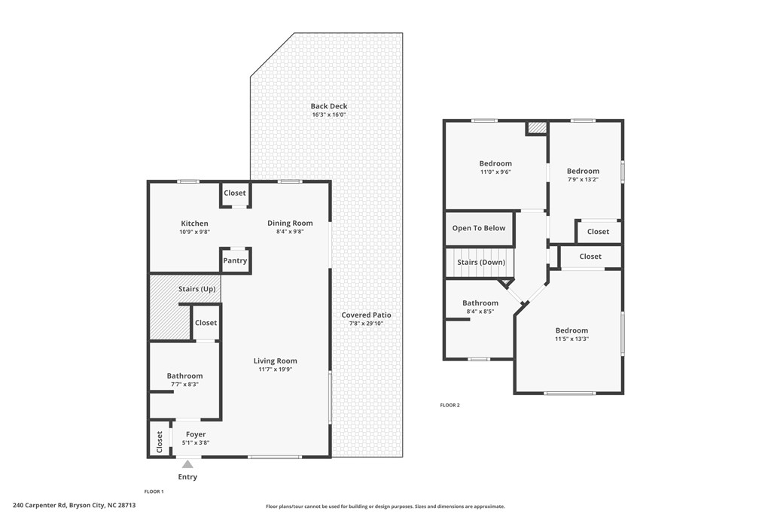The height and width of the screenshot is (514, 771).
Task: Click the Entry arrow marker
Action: tap(187, 464)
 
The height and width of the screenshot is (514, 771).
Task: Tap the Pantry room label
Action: tap(235, 261)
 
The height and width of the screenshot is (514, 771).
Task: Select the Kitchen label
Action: tap(194, 224)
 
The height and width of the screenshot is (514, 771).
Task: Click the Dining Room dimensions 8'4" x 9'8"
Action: tap(290, 232)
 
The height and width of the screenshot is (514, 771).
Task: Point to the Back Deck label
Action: tap(329, 106)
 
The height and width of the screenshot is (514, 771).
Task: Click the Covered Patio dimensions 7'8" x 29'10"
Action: tap(366, 324)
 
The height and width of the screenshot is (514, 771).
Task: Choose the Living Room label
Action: tap(275, 361)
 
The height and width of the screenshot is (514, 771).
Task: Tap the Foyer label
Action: tap(196, 434)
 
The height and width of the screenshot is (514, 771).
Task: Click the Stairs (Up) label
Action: tap(197, 289)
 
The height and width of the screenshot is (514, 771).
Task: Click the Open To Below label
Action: tap(479, 228)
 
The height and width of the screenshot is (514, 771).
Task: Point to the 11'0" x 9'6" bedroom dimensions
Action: tap(495, 172)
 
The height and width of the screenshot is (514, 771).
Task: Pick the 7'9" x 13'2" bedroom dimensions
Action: tap(583, 180)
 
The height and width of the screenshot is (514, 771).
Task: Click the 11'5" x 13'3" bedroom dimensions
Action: tap(571, 339)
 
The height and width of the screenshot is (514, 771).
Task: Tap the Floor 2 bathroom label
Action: tap(480, 303)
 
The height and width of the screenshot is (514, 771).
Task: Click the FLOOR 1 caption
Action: tap(154, 491)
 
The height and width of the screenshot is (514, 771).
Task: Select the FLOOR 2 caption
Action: tap(449, 405)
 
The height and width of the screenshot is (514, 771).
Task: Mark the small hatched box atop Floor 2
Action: tap(536, 128)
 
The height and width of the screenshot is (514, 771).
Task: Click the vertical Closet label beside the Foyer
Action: tap(159, 443)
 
